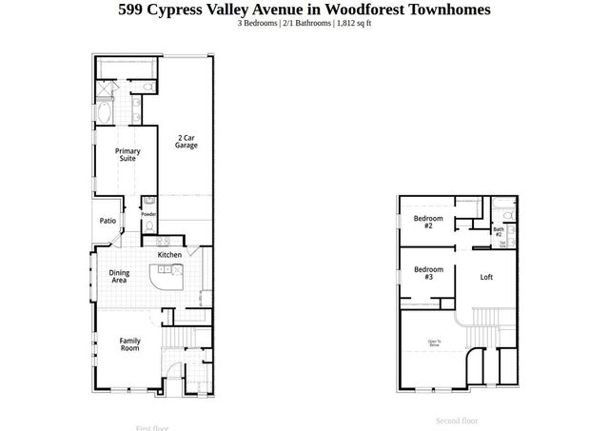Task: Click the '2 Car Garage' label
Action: (186, 142)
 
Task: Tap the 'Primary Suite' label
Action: (128, 154)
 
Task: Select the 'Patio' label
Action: (108, 221)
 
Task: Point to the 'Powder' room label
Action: (148, 214)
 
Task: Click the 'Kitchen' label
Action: (169, 255)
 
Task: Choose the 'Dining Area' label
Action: (119, 276)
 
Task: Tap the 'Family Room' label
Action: (128, 344)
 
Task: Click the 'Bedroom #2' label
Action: (422, 222)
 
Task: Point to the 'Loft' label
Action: (486, 277)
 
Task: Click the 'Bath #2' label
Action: (498, 231)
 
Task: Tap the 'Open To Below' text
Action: (434, 343)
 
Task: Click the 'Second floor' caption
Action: (457, 421)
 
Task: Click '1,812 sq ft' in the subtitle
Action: (351, 24)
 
